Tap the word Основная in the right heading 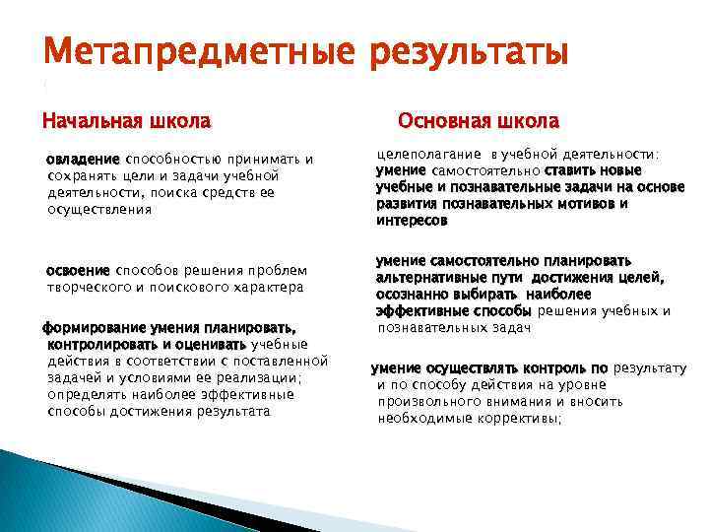pos(441,121)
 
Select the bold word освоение pos(79,270)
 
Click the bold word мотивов pos(574,204)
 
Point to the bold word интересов pos(412,221)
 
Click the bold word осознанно pos(414,295)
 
